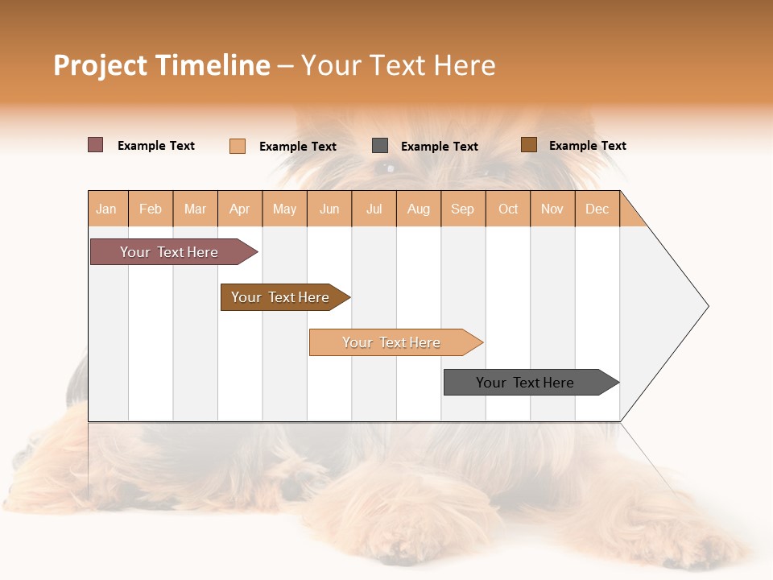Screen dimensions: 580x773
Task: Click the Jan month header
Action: pyautogui.click(x=106, y=209)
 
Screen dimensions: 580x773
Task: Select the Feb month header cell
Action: pyautogui.click(x=151, y=209)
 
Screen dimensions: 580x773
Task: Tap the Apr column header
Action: pyautogui.click(x=239, y=209)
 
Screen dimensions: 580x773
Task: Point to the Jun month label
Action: pyautogui.click(x=329, y=209)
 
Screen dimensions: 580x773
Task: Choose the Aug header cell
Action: pyautogui.click(x=418, y=209)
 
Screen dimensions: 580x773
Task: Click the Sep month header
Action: pyautogui.click(x=462, y=209)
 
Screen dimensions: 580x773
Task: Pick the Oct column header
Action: pyautogui.click(x=508, y=209)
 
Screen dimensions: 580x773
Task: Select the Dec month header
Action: pyautogui.click(x=597, y=209)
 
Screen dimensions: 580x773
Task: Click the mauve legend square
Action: pyautogui.click(x=96, y=145)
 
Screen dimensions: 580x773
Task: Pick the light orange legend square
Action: pyautogui.click(x=238, y=146)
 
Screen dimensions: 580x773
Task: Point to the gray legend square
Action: pyautogui.click(x=380, y=146)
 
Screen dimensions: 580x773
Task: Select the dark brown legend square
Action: pyautogui.click(x=528, y=145)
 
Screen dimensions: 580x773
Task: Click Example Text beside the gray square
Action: pyautogui.click(x=439, y=147)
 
